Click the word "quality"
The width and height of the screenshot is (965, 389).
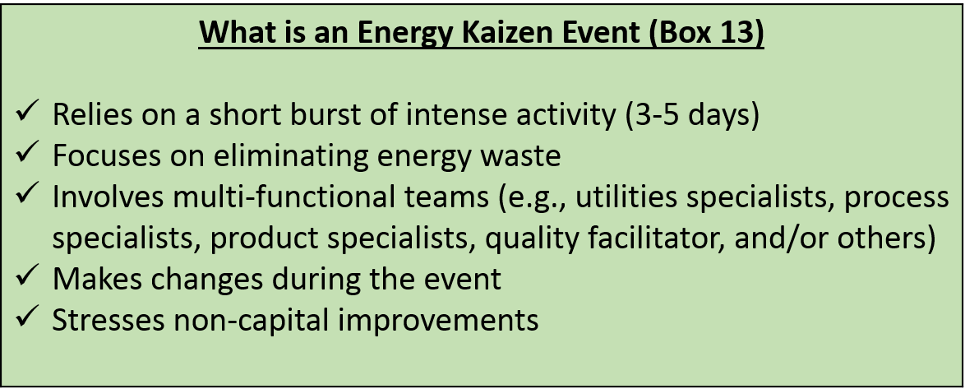click(x=529, y=238)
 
